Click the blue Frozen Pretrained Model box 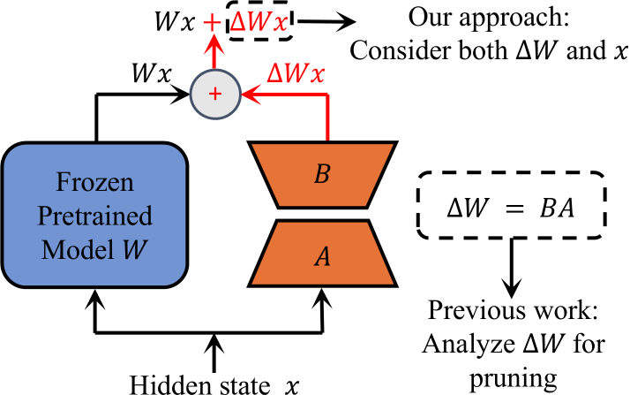click(x=95, y=216)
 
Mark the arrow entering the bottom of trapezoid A click(x=327, y=309)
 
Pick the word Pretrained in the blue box click(x=95, y=216)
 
